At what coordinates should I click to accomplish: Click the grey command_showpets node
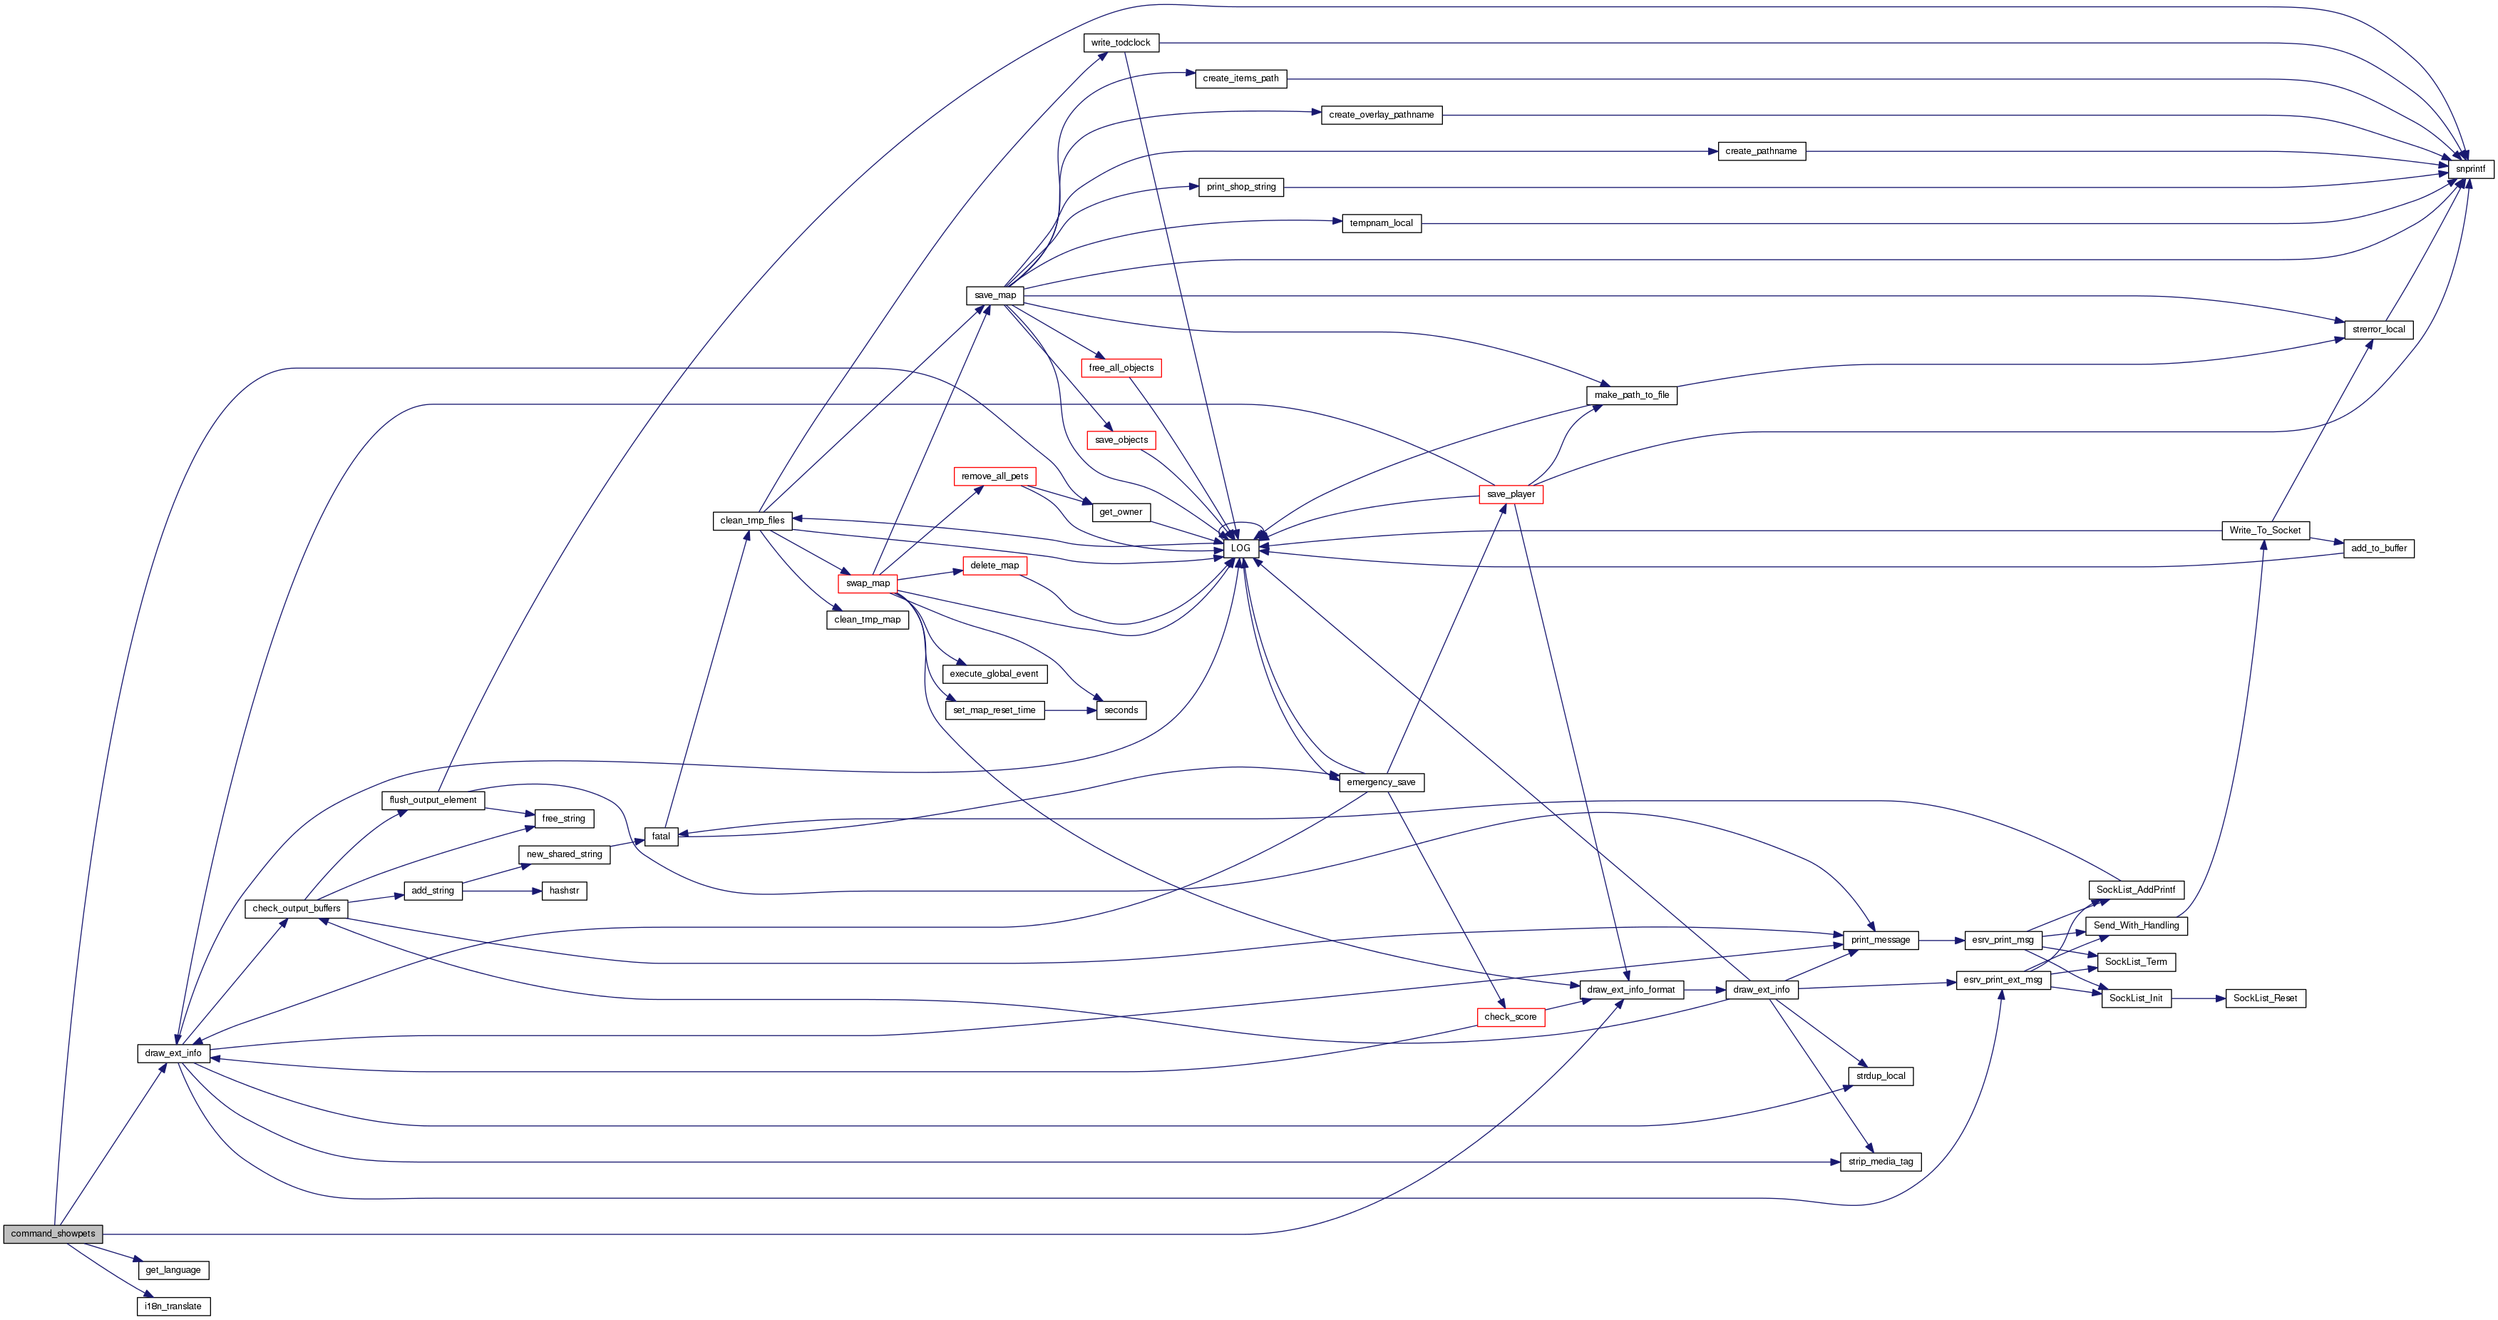pos(53,1234)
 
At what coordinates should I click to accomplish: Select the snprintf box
pos(2470,169)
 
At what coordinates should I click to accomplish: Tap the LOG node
pos(1240,548)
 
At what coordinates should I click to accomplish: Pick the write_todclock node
pos(1120,43)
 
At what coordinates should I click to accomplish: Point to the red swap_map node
pos(868,583)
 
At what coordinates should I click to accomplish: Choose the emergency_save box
pos(1381,782)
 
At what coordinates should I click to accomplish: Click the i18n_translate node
pos(173,1306)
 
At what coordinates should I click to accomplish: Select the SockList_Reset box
pos(2266,998)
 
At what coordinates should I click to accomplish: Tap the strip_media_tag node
pos(1881,1162)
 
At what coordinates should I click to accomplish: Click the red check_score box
pos(1510,1016)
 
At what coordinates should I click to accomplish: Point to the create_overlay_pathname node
pos(1381,114)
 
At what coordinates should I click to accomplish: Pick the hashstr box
pos(565,891)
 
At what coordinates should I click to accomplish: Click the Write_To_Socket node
pos(2266,531)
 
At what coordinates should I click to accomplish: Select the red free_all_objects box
pos(1121,367)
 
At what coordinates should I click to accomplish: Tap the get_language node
pos(173,1269)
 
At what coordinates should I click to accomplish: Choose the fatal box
pos(662,836)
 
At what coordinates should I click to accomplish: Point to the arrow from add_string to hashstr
pos(503,891)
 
